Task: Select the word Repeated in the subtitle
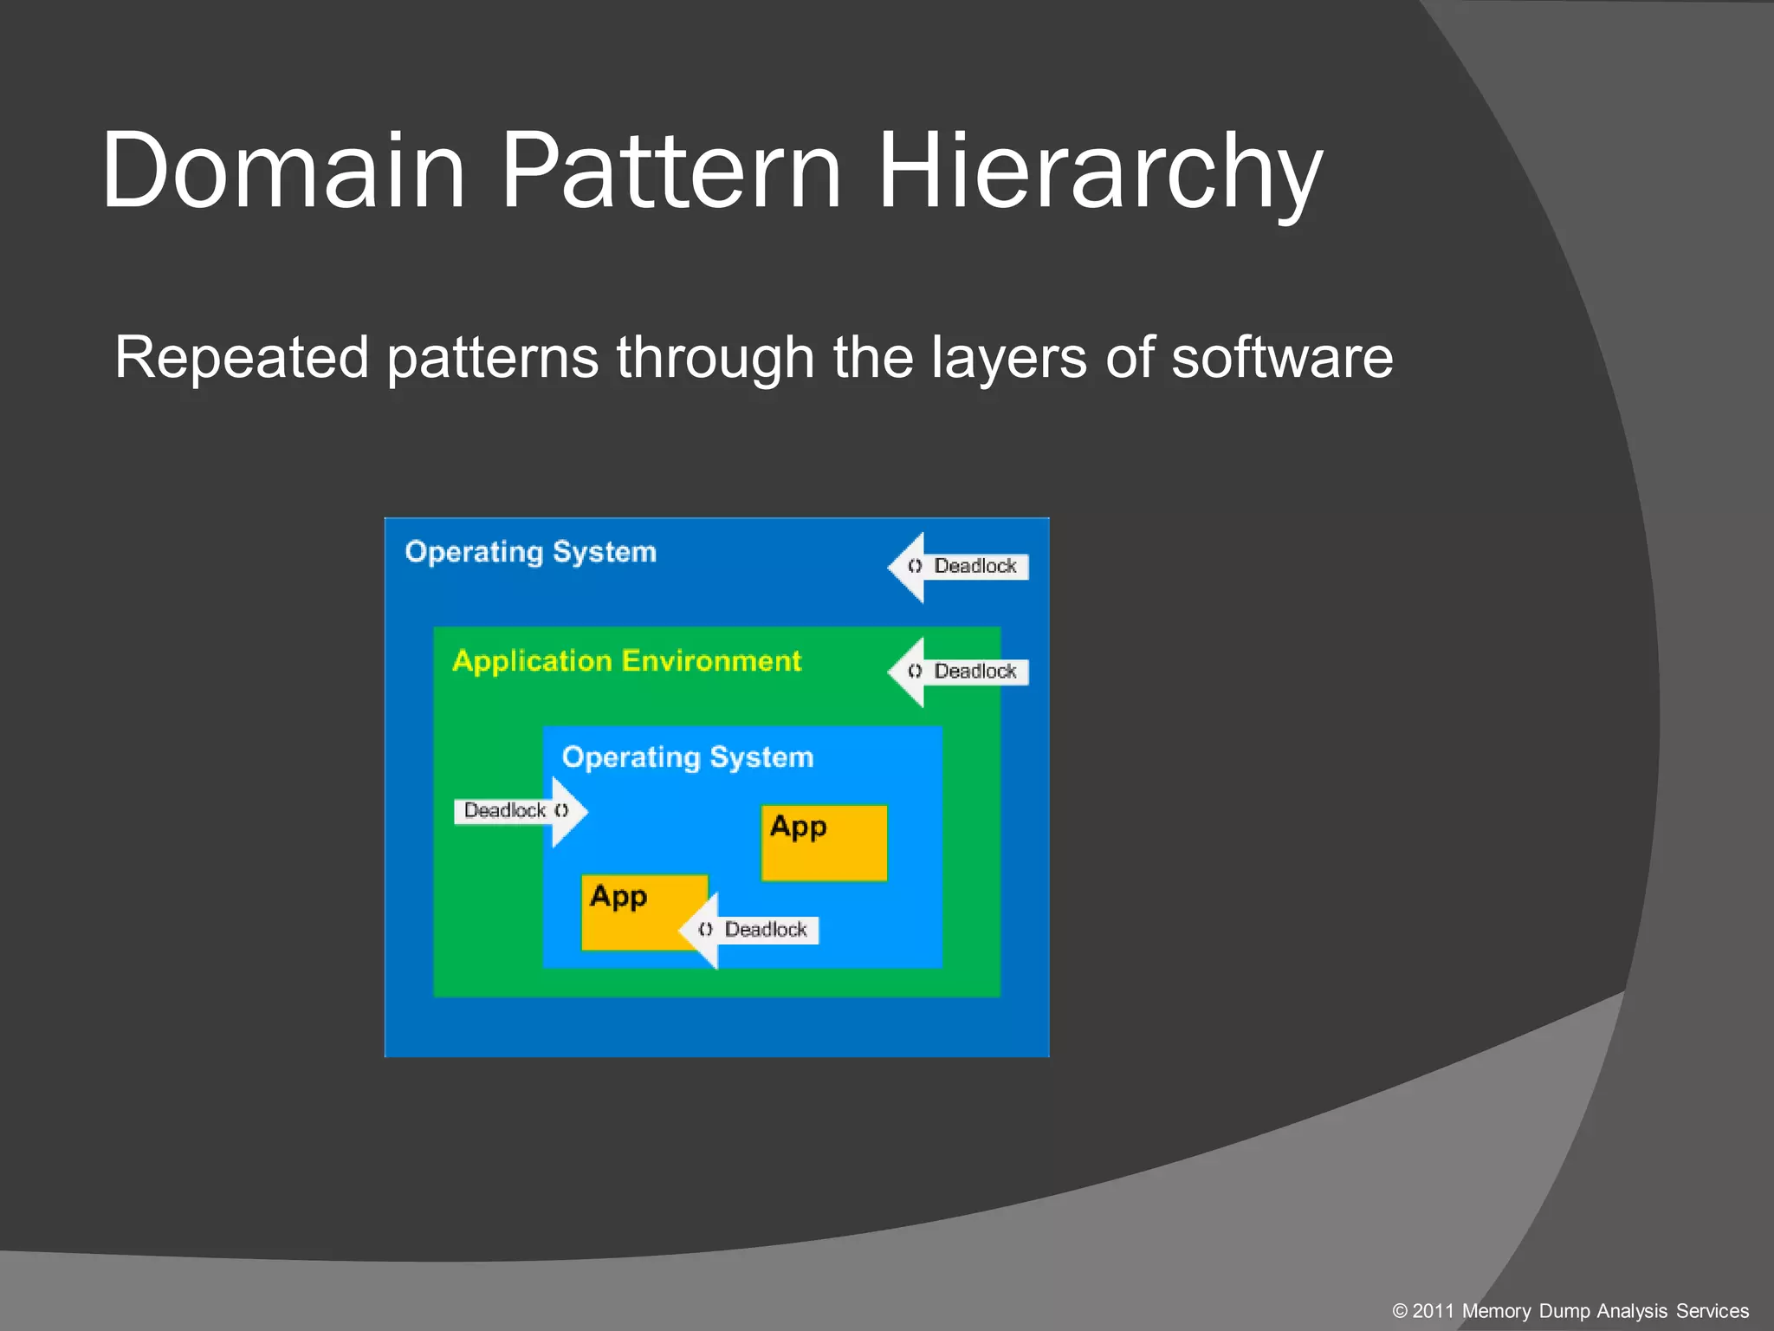242,358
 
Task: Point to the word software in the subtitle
1282,358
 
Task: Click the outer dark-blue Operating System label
530,552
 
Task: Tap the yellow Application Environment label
626,661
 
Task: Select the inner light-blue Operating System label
688,757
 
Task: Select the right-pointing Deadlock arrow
520,811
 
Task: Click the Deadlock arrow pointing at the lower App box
750,930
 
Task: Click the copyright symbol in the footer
1400,1311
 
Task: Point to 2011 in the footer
1434,1311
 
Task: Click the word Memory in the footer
1497,1311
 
